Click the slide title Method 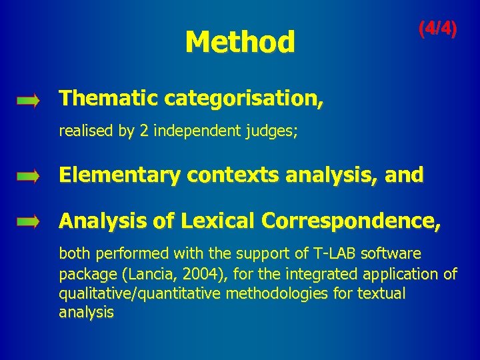coord(239,42)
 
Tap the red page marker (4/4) coord(437,29)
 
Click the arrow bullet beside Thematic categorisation coord(29,101)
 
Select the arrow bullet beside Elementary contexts coord(29,177)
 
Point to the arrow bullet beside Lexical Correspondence coord(29,222)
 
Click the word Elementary coord(120,175)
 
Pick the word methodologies coord(281,293)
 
